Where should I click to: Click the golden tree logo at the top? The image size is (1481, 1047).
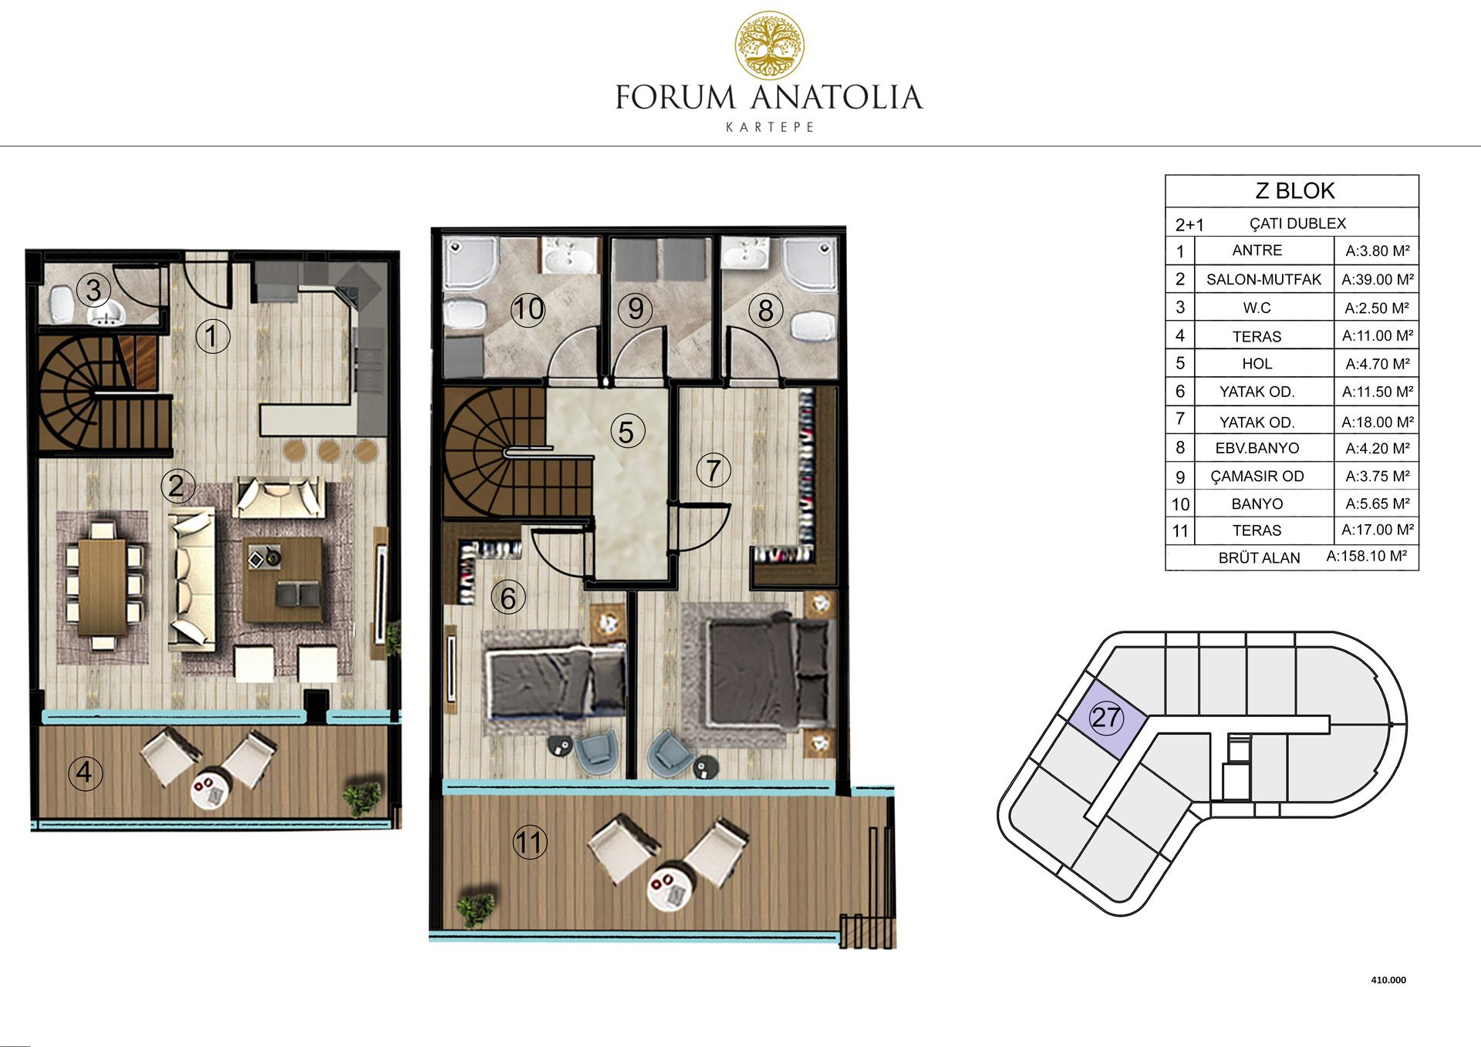coord(769,45)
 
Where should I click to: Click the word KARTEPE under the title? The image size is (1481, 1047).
coord(770,127)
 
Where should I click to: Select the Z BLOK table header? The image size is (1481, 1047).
coord(1294,190)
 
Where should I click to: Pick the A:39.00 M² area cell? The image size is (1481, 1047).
coord(1378,279)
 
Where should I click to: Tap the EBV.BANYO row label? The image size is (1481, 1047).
coord(1257,448)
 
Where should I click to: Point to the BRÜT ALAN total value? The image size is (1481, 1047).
coord(1367,556)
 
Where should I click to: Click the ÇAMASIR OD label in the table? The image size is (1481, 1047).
coord(1257,476)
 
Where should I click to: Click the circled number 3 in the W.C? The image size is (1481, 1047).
coord(93,290)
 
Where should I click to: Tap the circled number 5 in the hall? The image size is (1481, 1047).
coord(626,432)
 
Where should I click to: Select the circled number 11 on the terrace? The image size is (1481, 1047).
coord(530,842)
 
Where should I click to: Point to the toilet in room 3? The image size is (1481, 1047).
coord(59,306)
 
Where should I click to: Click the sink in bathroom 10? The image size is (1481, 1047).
coord(570,257)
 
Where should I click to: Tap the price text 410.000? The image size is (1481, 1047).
coord(1388,980)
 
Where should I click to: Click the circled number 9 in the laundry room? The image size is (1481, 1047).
coord(636,308)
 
